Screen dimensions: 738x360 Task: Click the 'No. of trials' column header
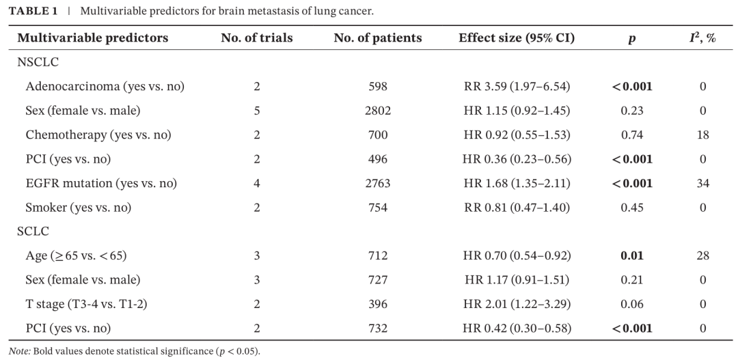coord(256,38)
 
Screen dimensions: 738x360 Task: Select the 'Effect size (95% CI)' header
coord(517,38)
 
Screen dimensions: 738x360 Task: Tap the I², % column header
coord(702,38)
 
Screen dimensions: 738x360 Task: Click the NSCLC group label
coord(38,62)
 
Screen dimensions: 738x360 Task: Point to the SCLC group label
coord(33,232)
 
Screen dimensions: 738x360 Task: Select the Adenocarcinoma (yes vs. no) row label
coord(105,87)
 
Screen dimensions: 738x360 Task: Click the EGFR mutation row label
coord(101,183)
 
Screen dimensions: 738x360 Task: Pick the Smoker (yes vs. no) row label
coord(79,208)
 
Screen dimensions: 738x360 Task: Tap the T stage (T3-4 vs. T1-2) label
coord(87,304)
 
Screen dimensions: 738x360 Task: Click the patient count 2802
coord(378,111)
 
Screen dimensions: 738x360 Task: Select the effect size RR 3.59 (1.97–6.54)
coord(517,87)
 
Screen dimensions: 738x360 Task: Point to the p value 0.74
coord(632,135)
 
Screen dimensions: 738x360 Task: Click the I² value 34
coord(702,183)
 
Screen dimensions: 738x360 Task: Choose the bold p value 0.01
coord(632,255)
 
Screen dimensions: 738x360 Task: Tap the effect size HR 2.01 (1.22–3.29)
coord(517,304)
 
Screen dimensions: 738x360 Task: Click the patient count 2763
coord(378,183)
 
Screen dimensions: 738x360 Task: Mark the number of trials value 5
coord(256,111)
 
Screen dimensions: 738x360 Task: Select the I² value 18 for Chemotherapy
coord(702,135)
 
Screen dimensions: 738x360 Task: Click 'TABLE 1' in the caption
coord(33,11)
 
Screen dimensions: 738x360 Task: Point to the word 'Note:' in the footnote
coord(20,352)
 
